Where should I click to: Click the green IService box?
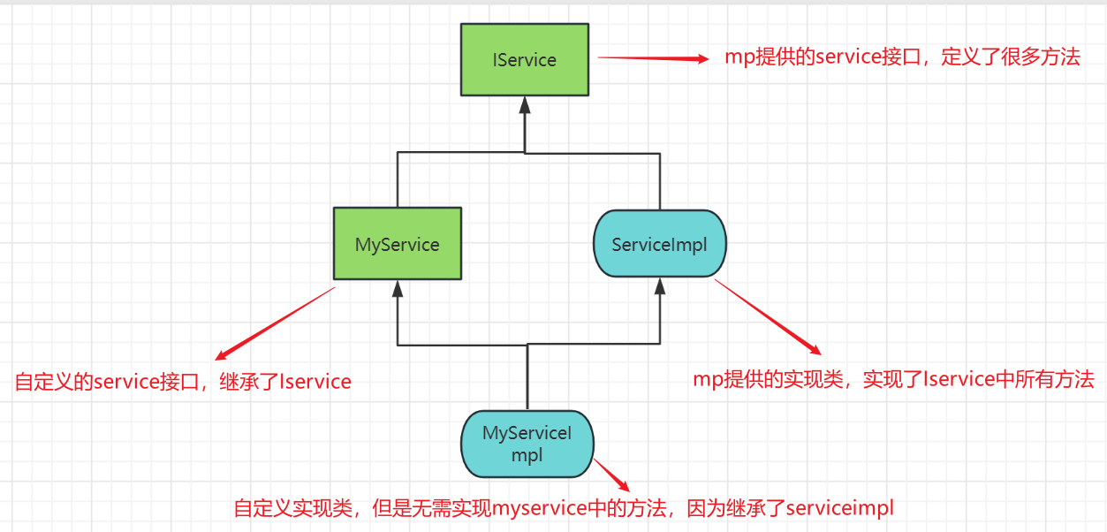[x=524, y=59]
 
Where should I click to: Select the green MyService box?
[x=398, y=244]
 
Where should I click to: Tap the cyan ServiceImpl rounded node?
[x=660, y=244]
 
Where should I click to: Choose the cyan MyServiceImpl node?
[x=527, y=444]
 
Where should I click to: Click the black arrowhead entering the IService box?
[x=525, y=105]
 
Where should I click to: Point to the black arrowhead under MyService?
[x=398, y=289]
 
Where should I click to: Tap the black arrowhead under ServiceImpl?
[x=660, y=286]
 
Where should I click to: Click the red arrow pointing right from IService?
[x=653, y=58]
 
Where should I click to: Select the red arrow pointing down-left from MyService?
[x=275, y=323]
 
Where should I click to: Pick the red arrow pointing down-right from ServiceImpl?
[x=768, y=317]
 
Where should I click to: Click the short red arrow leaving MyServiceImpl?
[x=611, y=475]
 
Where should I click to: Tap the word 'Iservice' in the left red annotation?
[x=315, y=382]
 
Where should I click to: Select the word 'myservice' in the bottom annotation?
[x=540, y=509]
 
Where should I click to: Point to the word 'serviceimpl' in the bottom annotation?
[x=839, y=508]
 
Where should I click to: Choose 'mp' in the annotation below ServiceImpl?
[x=709, y=381]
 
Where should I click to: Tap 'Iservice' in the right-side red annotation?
[x=959, y=379]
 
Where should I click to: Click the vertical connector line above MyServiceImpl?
[x=527, y=376]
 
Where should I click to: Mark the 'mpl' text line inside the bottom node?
[x=527, y=455]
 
